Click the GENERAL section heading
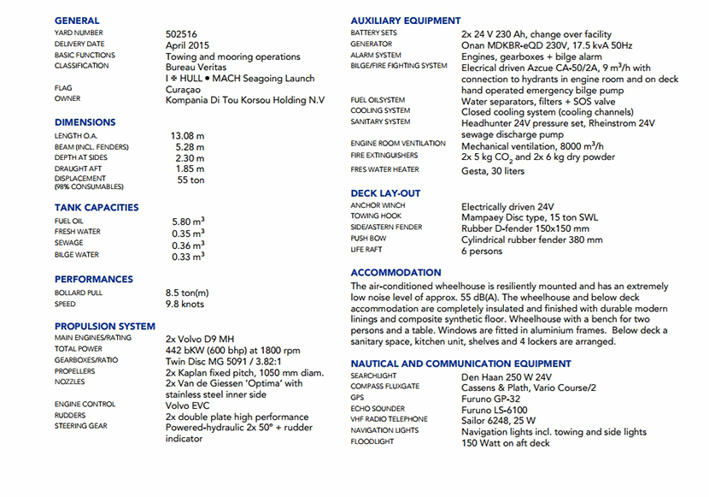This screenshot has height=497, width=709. pos(77,21)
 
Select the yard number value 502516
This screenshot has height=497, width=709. pos(183,34)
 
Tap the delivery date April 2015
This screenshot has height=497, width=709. pos(188,45)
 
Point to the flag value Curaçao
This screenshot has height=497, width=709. pos(184,89)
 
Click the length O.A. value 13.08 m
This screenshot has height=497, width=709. pos(187,136)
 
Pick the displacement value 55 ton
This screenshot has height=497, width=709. pos(190,180)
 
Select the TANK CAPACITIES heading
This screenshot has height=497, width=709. pos(97,208)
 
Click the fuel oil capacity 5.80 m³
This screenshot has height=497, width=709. pos(188,222)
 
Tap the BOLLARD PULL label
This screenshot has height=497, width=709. pos(79,293)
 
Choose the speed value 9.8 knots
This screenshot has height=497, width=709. pos(185,304)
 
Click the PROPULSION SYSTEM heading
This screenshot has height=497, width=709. pos(105,326)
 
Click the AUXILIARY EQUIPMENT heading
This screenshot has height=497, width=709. pos(406,21)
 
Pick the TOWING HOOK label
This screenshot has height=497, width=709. pos(377,217)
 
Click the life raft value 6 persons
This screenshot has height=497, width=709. pos(482,251)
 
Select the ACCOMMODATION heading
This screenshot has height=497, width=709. pos(396,273)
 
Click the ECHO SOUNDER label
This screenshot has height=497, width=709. pos(378,409)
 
